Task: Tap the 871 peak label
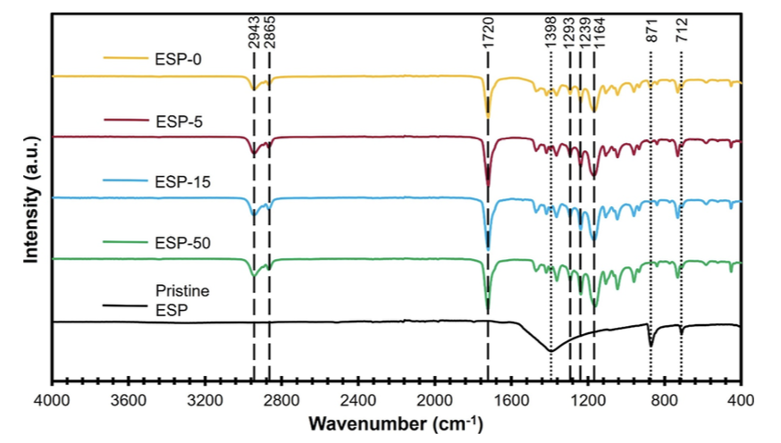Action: [651, 36]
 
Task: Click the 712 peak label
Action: [681, 36]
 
